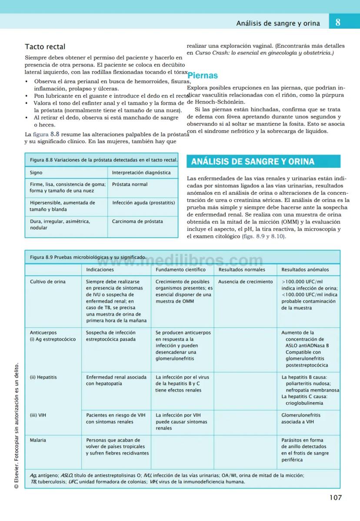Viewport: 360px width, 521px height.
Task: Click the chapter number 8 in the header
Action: click(x=338, y=22)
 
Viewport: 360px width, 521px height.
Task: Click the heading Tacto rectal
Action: click(x=45, y=47)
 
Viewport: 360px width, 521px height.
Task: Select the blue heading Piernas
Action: click(x=202, y=76)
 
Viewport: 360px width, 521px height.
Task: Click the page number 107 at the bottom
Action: click(x=335, y=498)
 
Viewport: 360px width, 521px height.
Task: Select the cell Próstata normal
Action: click(x=130, y=184)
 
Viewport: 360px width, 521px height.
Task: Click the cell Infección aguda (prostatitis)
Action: click(x=143, y=203)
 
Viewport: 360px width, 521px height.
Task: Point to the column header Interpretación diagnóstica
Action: click(x=141, y=173)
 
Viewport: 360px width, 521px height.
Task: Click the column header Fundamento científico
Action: click(x=180, y=270)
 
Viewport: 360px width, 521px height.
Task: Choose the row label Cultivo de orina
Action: click(x=48, y=282)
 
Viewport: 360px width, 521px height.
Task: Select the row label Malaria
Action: click(x=38, y=440)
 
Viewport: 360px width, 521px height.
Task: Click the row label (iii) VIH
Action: click(x=38, y=415)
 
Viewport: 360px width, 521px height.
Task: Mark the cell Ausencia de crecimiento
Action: click(x=245, y=282)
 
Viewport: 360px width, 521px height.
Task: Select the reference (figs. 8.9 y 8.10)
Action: click(x=264, y=236)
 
